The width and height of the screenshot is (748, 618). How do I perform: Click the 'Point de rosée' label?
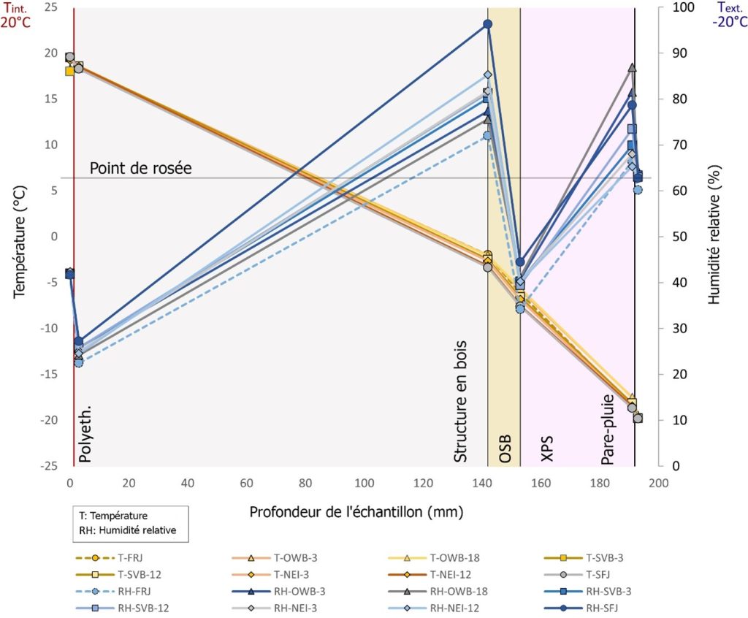click(x=140, y=168)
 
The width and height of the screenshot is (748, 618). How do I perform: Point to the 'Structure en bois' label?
click(x=461, y=400)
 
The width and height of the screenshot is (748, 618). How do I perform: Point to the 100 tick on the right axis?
click(x=669, y=7)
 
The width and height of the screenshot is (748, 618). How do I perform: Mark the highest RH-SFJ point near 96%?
click(x=488, y=24)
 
